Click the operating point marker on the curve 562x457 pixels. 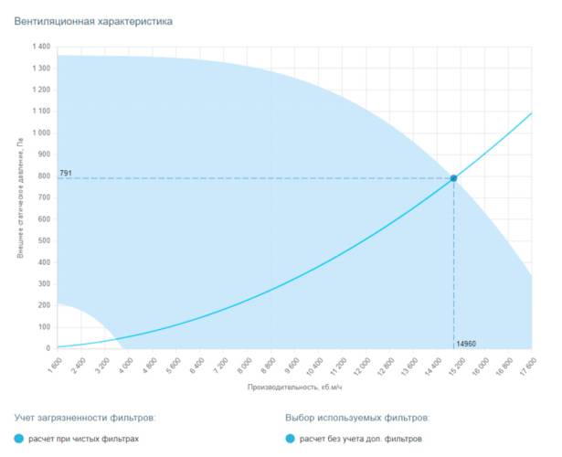point(452,178)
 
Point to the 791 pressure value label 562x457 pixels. point(66,173)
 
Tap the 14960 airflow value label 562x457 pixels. point(466,343)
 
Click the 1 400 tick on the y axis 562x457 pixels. point(41,47)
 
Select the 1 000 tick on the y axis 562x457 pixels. point(41,133)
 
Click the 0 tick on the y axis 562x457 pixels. point(48,348)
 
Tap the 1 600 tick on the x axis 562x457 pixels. point(55,366)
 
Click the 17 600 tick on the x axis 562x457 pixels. point(528,366)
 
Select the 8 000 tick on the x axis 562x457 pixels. point(244,366)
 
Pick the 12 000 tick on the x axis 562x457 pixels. point(363,366)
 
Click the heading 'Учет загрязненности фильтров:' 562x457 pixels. point(85,418)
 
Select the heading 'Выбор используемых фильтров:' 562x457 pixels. point(357,418)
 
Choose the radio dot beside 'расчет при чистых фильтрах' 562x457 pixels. point(20,440)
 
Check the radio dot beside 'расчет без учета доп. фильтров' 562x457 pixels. point(291,440)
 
